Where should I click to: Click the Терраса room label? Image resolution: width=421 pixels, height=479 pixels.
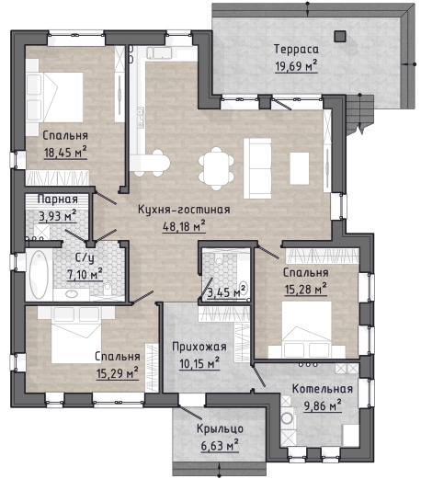coord(296,49)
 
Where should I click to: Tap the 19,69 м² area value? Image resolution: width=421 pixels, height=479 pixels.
coord(296,65)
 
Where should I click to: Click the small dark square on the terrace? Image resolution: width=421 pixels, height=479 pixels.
coord(340,36)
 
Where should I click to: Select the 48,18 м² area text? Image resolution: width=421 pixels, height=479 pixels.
coord(184,226)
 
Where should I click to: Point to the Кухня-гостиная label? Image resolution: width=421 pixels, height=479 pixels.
coord(184,210)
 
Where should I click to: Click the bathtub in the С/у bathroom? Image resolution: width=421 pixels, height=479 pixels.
coord(39,275)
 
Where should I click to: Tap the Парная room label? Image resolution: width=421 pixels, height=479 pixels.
coord(58,200)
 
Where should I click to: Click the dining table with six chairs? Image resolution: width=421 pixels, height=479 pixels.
coord(216,169)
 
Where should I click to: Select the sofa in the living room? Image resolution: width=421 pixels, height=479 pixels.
coord(257,168)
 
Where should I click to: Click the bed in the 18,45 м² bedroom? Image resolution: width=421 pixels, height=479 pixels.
coord(55,97)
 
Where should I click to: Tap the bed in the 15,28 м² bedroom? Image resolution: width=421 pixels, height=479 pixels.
coord(307,329)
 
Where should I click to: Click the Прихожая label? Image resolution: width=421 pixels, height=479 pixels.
coord(199,347)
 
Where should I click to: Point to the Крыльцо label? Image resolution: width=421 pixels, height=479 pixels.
coord(220,428)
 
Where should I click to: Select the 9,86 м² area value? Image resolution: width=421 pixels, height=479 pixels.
coord(323,405)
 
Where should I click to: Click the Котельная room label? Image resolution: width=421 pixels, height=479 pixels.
coord(323,389)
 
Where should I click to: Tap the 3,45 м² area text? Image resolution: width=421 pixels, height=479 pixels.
coord(227,291)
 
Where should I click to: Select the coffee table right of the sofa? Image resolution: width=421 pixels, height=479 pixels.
coord(300,168)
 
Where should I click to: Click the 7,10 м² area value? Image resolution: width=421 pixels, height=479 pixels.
coord(85,274)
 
